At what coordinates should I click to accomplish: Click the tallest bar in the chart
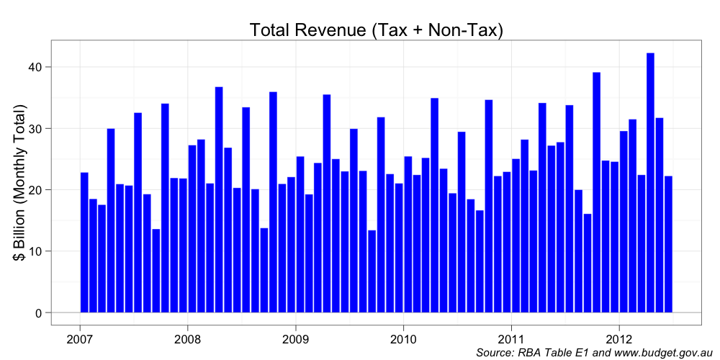click(x=650, y=183)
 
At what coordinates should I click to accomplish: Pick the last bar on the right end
click(x=668, y=244)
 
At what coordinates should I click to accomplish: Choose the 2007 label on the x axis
click(x=79, y=338)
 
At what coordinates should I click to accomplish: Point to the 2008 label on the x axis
click(x=187, y=338)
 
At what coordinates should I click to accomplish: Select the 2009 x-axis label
click(x=295, y=338)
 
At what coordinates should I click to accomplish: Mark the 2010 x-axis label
click(x=403, y=338)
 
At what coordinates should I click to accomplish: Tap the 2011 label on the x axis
click(x=511, y=338)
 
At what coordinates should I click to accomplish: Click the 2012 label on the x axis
click(x=619, y=338)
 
